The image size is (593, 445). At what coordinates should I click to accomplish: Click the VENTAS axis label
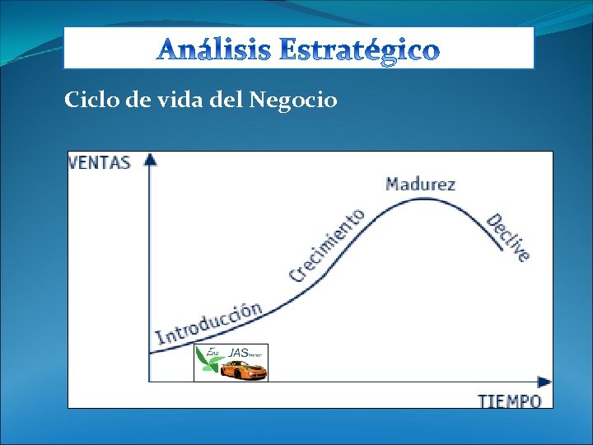click(100, 162)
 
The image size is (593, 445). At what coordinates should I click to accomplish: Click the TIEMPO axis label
click(510, 401)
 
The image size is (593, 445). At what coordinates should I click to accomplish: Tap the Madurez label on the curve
click(420, 184)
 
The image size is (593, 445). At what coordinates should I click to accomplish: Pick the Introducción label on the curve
click(209, 323)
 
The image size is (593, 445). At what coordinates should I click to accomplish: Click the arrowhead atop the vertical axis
click(149, 157)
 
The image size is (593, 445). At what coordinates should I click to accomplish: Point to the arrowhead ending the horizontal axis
click(544, 382)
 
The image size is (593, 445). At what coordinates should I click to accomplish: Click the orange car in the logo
click(245, 372)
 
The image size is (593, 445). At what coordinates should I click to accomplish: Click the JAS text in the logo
click(239, 353)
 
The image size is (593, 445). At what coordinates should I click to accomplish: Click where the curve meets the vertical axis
click(150, 354)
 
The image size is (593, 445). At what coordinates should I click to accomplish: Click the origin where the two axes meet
click(149, 382)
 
